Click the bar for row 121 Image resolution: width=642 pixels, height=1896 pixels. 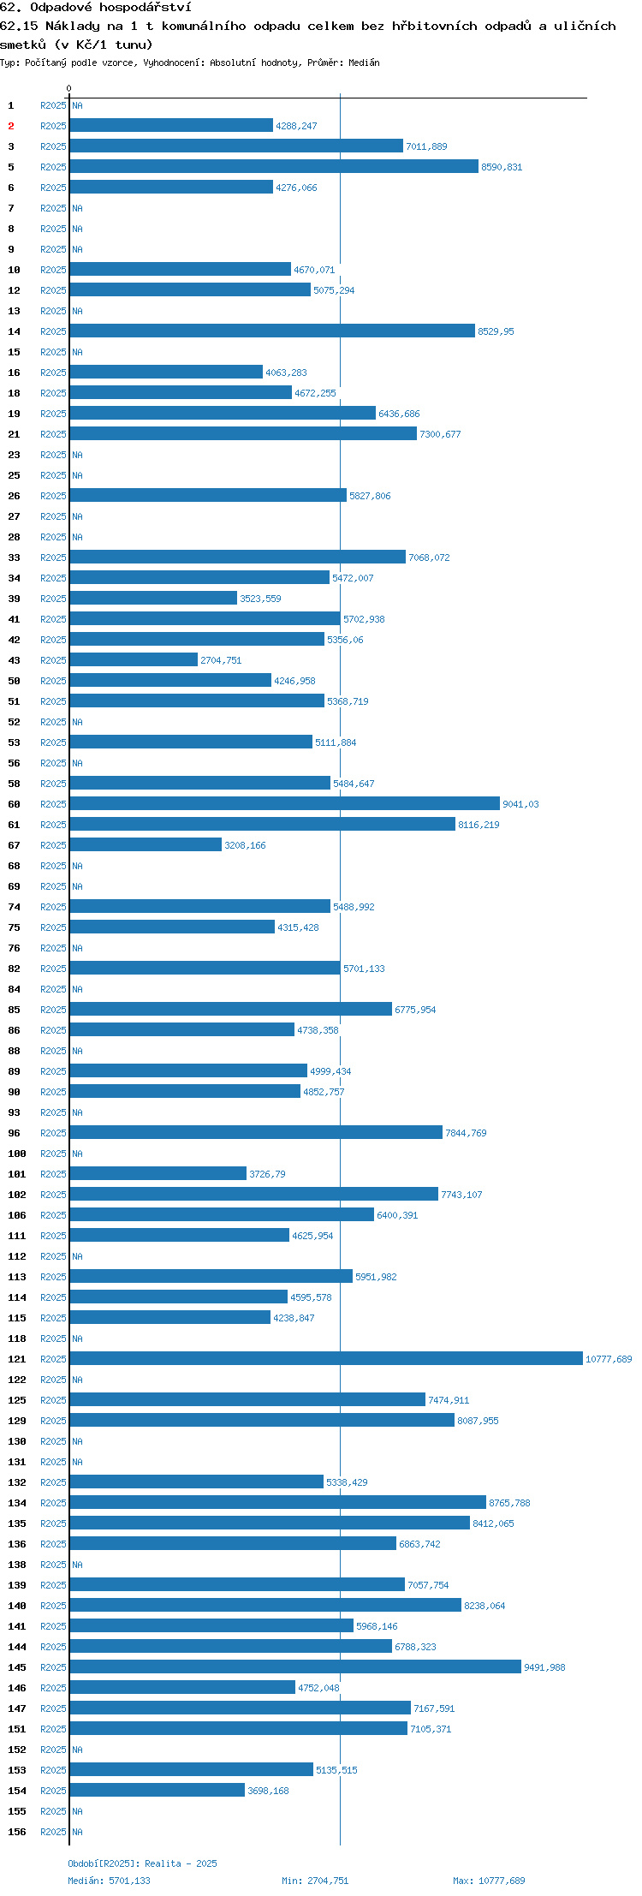point(326,1358)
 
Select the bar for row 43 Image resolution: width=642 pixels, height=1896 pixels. point(134,659)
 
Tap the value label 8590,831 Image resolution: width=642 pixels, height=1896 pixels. point(502,167)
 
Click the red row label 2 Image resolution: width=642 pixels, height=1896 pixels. point(11,126)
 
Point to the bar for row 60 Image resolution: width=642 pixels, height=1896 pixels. point(285,803)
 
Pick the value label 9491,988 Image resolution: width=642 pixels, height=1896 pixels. point(544,1667)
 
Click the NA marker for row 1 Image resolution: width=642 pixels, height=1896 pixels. point(77,105)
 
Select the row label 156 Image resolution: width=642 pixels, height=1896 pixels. point(17,1832)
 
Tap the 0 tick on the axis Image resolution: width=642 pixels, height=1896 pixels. point(69,88)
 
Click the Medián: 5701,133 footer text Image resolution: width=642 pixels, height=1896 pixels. point(109,1881)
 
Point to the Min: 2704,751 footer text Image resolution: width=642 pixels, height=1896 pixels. point(315,1881)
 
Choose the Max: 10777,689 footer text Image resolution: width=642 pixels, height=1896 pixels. point(489,1881)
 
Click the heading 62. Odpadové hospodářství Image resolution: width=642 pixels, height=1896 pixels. point(95,7)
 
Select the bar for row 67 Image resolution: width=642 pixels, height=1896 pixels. point(146,844)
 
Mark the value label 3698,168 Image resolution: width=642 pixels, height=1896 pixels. point(268,1791)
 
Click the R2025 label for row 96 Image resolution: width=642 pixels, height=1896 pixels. point(53,1133)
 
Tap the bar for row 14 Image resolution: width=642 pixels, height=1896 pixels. point(272,331)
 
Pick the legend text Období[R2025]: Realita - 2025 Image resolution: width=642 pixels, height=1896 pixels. point(142,1863)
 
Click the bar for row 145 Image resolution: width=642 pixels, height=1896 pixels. point(295,1666)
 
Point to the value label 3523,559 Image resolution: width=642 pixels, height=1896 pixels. point(260,599)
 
